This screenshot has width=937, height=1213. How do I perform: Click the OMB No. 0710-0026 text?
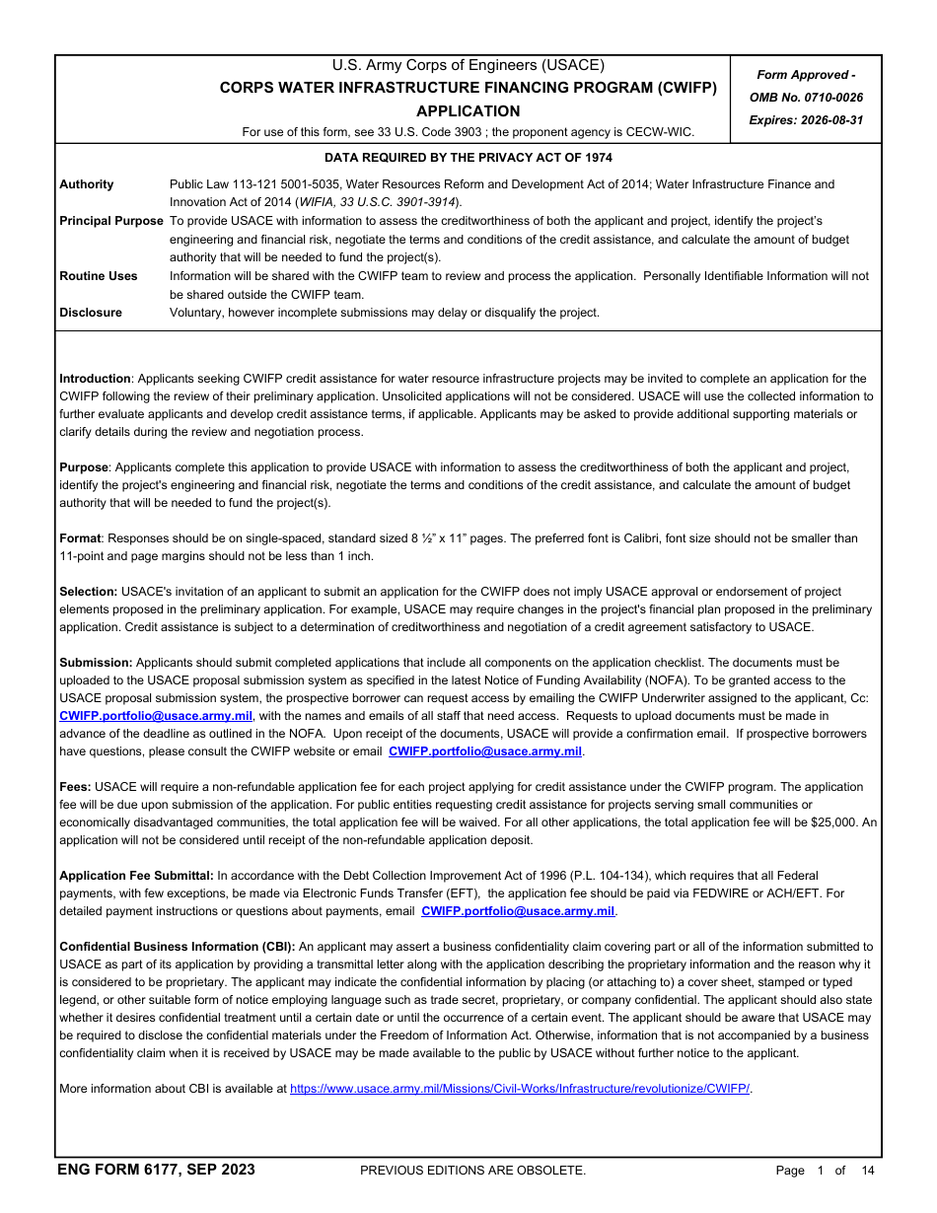[806, 98]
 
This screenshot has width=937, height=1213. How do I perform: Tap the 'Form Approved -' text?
[806, 75]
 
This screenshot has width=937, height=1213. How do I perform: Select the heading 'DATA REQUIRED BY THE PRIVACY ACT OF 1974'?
[468, 158]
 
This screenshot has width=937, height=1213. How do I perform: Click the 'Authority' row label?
[87, 184]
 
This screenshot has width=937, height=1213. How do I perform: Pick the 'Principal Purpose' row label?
[111, 221]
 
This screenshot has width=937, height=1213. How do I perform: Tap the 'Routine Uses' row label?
[99, 276]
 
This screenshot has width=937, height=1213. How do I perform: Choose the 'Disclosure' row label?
[91, 313]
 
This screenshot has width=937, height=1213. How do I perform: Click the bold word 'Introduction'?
[95, 379]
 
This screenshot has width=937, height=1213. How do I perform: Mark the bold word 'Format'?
[80, 538]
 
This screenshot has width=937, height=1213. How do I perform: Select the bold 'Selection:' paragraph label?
[89, 592]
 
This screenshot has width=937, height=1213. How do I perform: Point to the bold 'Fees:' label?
[75, 787]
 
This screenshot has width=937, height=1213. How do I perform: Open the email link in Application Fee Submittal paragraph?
[518, 911]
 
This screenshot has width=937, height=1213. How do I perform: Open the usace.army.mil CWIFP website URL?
[520, 1090]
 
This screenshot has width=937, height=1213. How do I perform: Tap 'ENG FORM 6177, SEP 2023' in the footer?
[156, 1171]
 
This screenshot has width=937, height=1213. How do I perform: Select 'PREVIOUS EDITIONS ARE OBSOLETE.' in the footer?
[473, 1171]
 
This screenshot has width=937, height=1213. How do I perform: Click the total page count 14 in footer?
[868, 1171]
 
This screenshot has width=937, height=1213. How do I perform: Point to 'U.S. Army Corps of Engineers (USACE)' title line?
[468, 66]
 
